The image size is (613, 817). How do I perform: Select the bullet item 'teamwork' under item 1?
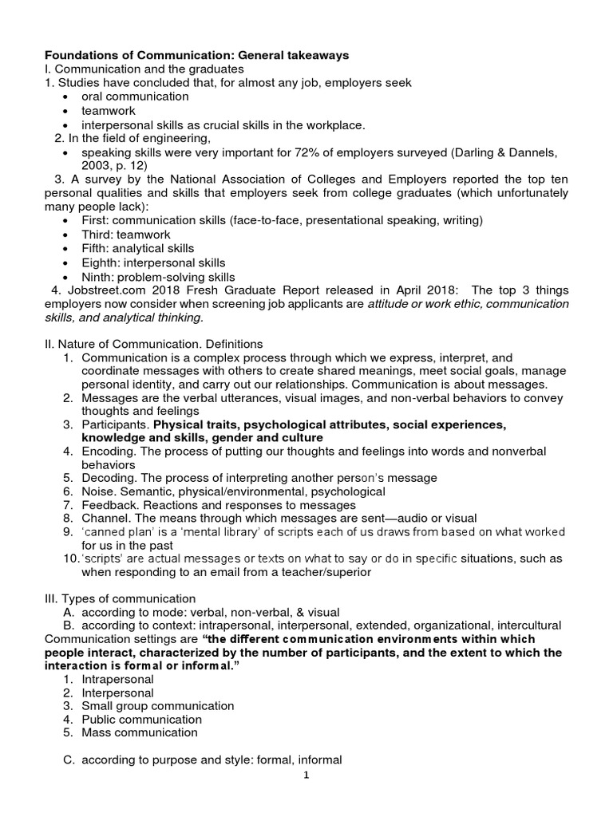[109, 111]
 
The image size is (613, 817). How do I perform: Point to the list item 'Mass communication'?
[139, 732]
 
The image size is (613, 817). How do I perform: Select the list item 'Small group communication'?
[158, 705]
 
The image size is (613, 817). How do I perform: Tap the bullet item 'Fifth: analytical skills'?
[137, 248]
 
